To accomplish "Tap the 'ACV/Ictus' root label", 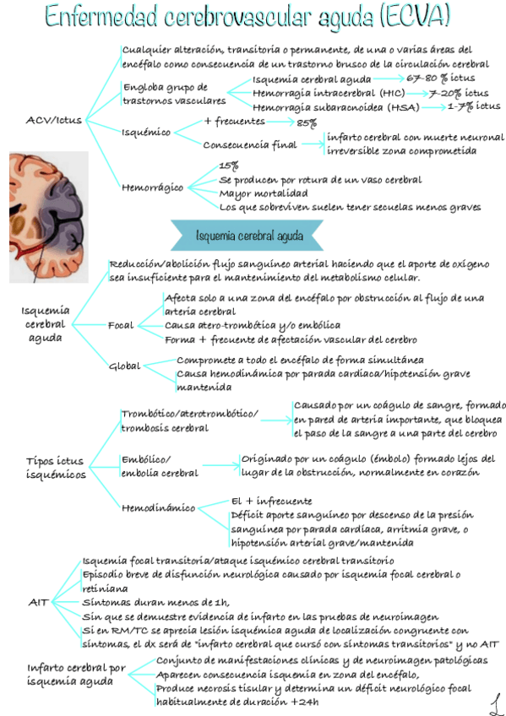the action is [54, 120].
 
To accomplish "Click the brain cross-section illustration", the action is [48, 214].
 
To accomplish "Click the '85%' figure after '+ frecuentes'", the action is [307, 122].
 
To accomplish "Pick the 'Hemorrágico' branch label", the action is [152, 187].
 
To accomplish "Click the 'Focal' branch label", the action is [121, 325].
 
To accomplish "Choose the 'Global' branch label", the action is [124, 366].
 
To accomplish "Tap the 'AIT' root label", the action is [38, 602].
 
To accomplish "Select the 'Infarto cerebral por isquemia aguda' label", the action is [76, 675].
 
